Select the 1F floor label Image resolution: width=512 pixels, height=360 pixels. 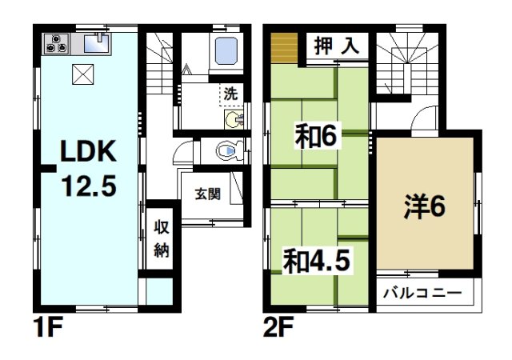pos(49,328)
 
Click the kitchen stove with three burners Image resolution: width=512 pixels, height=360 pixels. pos(56,43)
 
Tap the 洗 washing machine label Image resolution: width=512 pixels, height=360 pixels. pos(230,91)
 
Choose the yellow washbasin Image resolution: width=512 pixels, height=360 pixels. pos(232,120)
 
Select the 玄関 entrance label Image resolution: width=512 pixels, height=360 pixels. pos(210,193)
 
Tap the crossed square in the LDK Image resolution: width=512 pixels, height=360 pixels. pos(82,74)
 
